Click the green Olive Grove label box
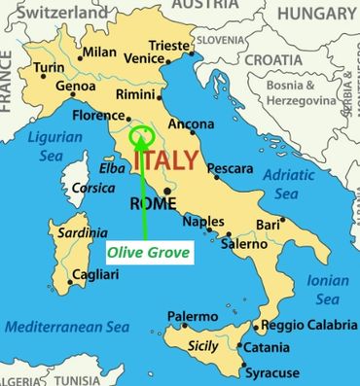click(x=148, y=253)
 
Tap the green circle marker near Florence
click(x=141, y=135)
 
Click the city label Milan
click(x=99, y=53)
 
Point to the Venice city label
click(x=142, y=60)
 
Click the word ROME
click(x=153, y=204)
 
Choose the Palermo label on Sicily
click(x=193, y=317)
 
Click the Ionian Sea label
click(x=320, y=289)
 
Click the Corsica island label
click(x=94, y=188)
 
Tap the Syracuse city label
click(x=271, y=372)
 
